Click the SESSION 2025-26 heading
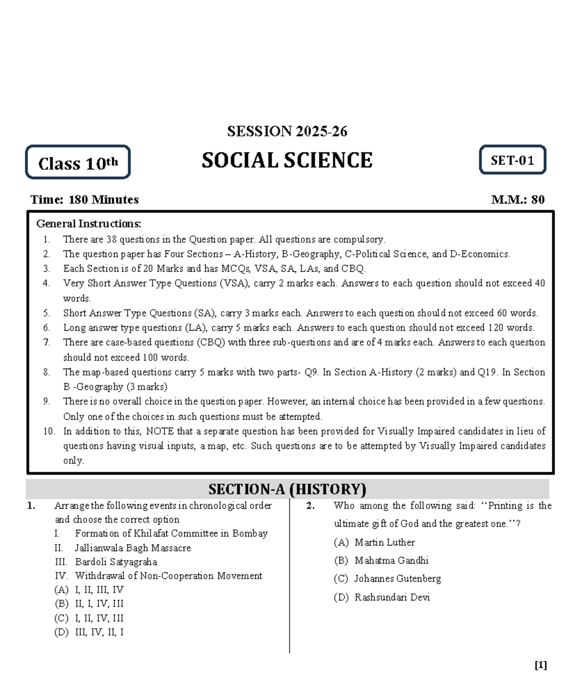point(287,131)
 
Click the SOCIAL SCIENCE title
point(287,160)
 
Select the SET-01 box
point(512,160)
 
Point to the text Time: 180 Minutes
point(84,200)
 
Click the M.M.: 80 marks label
point(517,200)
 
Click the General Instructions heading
point(89,224)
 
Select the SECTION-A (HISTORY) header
point(287,489)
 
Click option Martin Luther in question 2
point(384,542)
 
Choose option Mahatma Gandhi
point(391,560)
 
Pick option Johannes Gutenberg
point(397,579)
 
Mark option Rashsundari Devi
point(391,597)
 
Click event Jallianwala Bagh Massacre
point(132,548)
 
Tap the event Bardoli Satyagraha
point(115,562)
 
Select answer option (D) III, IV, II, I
point(90,632)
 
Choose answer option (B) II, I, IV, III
point(90,604)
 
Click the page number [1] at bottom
point(540,665)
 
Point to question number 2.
point(310,506)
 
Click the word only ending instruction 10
point(73,461)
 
